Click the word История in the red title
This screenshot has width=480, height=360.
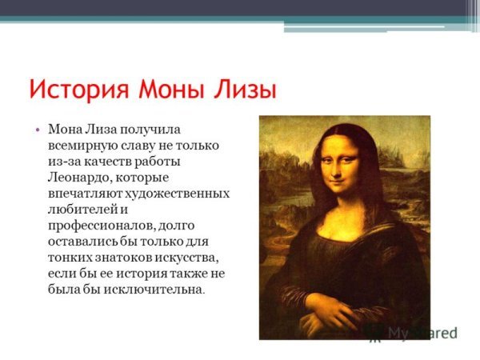75,87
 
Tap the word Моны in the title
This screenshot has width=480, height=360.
170,87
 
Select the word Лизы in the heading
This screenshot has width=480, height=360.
244,87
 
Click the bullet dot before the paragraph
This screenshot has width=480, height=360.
38,128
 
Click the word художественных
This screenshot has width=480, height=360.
179,193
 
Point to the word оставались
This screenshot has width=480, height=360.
85,241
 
